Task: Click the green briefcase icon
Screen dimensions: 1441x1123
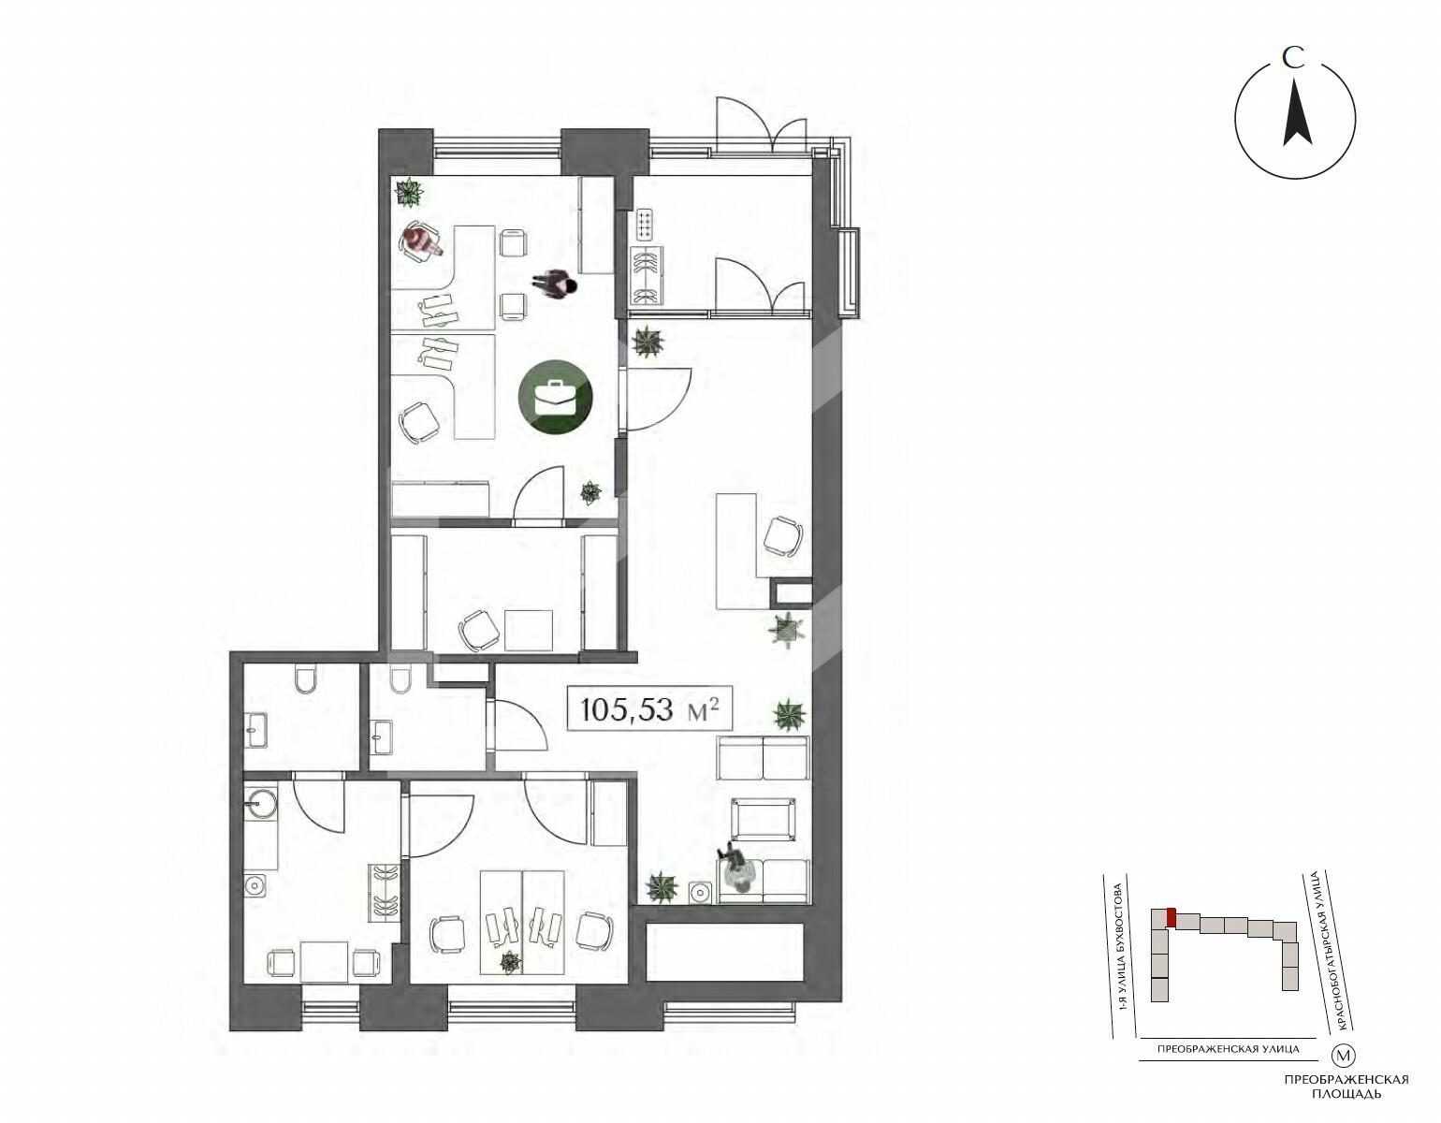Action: click(x=554, y=397)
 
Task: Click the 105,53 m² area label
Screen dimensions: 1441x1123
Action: click(x=649, y=709)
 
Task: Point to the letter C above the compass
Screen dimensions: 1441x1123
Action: click(x=1293, y=58)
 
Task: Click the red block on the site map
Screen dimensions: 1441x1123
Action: click(x=1172, y=917)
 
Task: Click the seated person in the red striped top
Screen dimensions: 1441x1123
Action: click(x=421, y=241)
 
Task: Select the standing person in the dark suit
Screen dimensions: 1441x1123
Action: click(x=554, y=285)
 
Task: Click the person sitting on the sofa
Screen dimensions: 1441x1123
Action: click(x=736, y=869)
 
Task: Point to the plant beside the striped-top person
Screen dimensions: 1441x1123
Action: click(x=409, y=192)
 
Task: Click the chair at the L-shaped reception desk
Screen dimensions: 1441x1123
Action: click(x=782, y=536)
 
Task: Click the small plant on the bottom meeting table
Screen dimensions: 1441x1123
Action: click(x=510, y=962)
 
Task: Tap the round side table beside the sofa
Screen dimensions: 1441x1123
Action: click(x=700, y=892)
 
